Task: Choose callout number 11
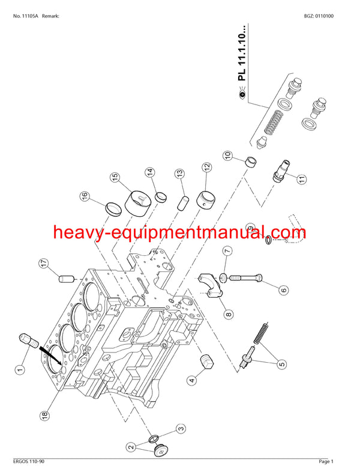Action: click(301, 178)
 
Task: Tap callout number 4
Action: click(191, 380)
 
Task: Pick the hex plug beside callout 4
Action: click(206, 364)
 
